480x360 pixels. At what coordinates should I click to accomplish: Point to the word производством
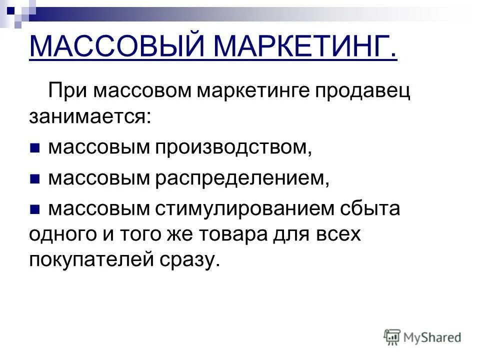234,148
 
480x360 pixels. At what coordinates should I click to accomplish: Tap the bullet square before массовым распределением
34,178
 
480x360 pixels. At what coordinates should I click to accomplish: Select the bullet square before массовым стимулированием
34,208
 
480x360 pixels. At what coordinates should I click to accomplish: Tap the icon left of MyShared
392,337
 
